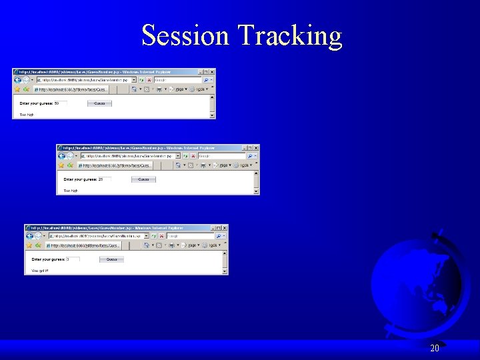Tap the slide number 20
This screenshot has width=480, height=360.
click(x=435, y=348)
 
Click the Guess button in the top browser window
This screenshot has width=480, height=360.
click(x=99, y=103)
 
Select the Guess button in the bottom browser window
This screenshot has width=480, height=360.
click(x=111, y=259)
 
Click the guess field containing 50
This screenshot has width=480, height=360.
click(x=61, y=103)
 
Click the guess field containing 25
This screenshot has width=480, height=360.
click(x=104, y=179)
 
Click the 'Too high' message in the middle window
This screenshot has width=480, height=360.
click(x=71, y=191)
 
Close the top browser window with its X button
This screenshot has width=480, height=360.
click(x=212, y=71)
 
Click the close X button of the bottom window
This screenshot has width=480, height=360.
click(x=224, y=227)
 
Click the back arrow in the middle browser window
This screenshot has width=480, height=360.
click(x=62, y=155)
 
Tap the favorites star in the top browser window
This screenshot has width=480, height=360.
click(x=17, y=89)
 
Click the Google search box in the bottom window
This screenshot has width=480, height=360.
click(x=189, y=235)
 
